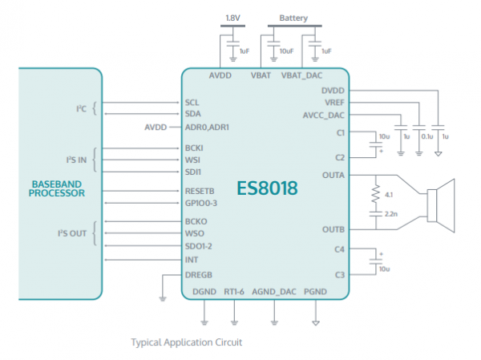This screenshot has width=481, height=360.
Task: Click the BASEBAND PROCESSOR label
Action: click(x=57, y=188)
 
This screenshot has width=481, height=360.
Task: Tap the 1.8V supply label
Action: click(x=232, y=18)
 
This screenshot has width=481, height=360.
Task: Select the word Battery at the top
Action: click(x=293, y=18)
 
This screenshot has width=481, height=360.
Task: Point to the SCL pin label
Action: click(x=192, y=103)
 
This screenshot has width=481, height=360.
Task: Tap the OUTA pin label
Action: click(x=334, y=174)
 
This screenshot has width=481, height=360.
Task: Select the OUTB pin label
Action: click(x=334, y=229)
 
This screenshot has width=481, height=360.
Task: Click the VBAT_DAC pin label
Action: click(x=301, y=75)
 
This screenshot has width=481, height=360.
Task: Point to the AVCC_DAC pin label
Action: click(x=325, y=115)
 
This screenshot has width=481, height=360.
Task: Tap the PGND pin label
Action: click(x=315, y=293)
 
